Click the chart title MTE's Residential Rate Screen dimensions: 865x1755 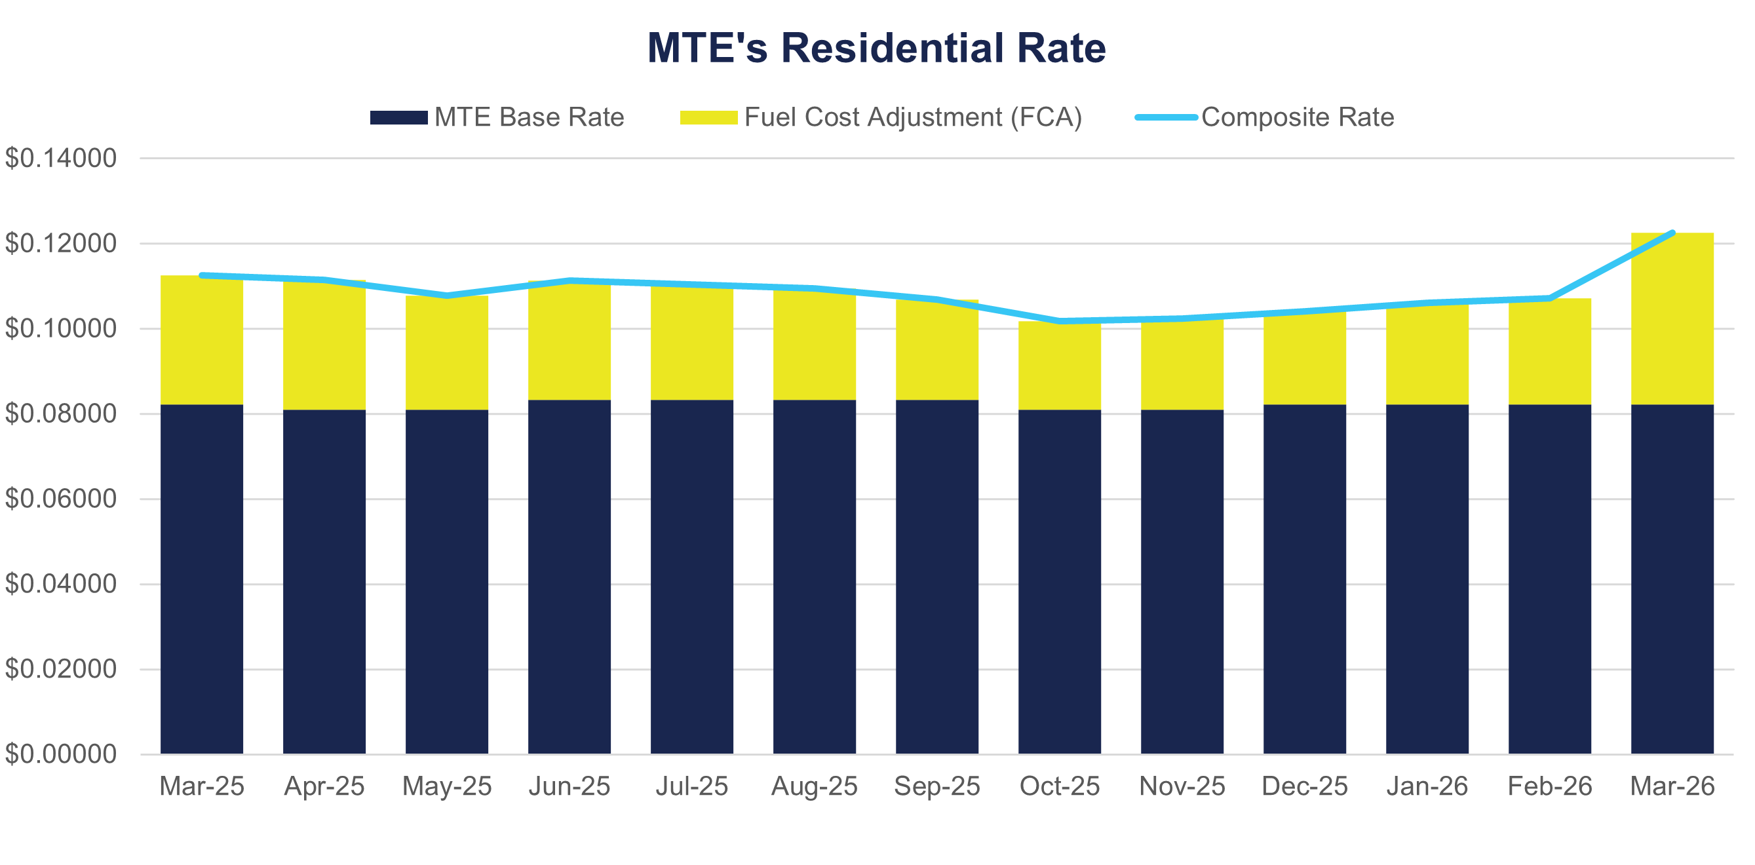tap(876, 48)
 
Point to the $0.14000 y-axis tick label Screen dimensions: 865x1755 tap(61, 159)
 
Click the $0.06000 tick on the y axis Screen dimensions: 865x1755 tap(61, 499)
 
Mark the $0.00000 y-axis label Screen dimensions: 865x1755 tap(61, 754)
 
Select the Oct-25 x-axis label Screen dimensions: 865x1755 tap(1060, 786)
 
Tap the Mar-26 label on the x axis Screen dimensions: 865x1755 tap(1672, 786)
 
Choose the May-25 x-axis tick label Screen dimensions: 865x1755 tap(447, 786)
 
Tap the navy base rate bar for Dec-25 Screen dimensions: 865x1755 tap(1305, 579)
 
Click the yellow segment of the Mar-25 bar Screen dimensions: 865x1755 tap(202, 341)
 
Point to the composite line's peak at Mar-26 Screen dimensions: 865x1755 tap(1672, 233)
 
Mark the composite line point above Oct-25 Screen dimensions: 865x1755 tap(1060, 321)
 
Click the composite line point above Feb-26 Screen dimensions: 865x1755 tap(1550, 298)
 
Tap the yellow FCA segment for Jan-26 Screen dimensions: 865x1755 tap(1427, 354)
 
